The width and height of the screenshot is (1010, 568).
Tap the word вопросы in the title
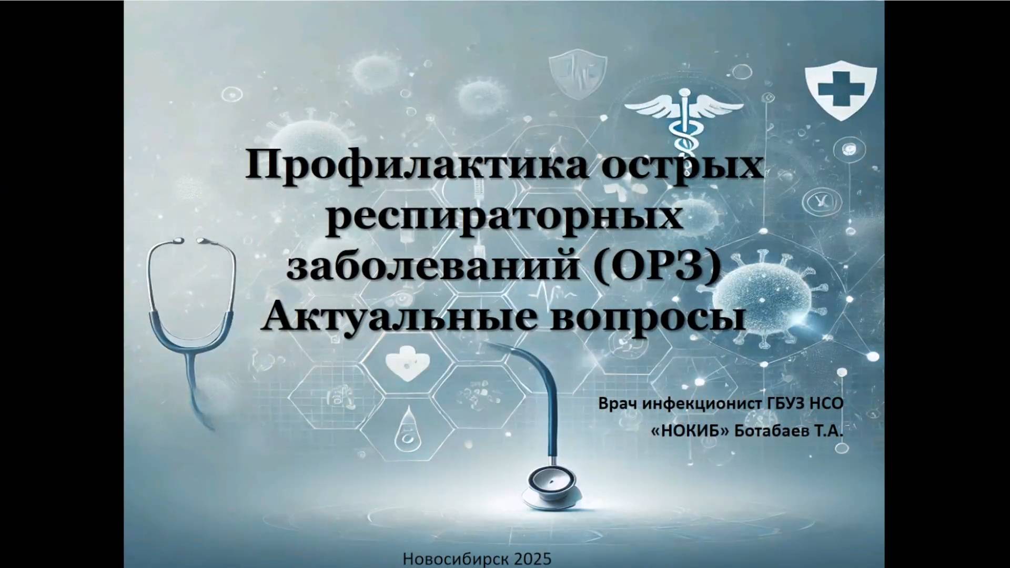(x=648, y=317)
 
